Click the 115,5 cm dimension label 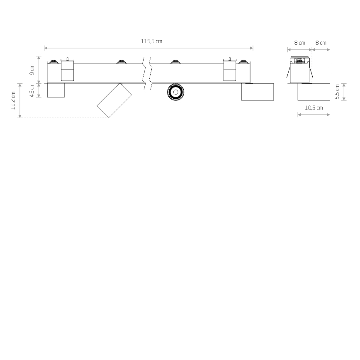(151, 41)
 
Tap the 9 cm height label (32, 70)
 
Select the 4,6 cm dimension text (32, 90)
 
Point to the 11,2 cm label (13, 100)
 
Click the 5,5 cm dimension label (337, 92)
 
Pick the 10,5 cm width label (314, 108)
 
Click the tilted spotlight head (114, 100)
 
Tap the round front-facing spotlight (175, 92)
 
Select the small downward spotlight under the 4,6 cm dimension (56, 90)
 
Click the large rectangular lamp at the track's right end (258, 92)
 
